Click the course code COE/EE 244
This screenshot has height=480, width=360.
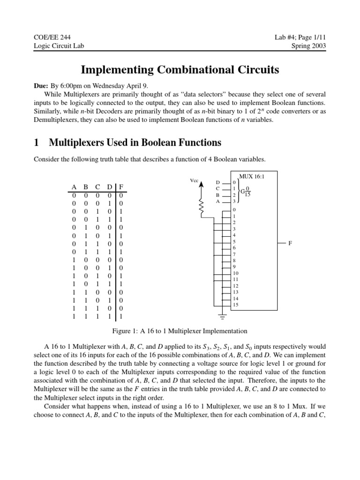coord(52,37)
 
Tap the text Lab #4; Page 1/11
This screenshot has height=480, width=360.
coord(300,37)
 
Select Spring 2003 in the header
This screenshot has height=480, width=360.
coord(308,45)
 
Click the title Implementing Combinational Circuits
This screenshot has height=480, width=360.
coord(180,70)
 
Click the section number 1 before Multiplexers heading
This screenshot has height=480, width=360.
coord(37,142)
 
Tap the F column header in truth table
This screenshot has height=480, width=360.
coord(121,187)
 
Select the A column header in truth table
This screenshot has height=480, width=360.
coord(75,187)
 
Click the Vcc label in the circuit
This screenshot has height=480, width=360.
coord(194,180)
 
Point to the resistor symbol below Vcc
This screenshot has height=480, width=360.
coord(202,207)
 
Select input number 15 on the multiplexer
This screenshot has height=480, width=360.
coord(235,305)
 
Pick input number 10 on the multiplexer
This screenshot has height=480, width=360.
coord(235,273)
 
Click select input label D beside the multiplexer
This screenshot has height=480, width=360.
coord(217,182)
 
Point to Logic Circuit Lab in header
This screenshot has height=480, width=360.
coord(59,45)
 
